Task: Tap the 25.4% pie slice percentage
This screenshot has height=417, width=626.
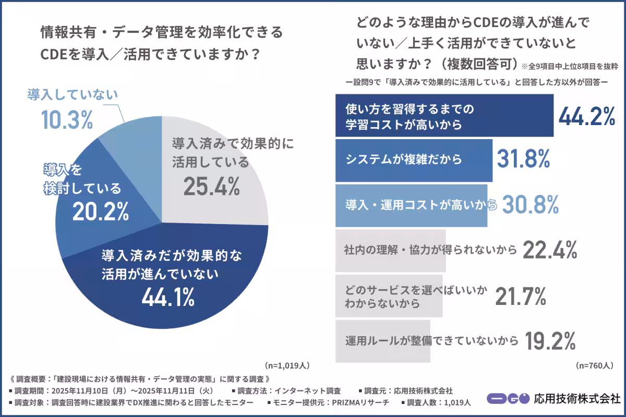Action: (211, 186)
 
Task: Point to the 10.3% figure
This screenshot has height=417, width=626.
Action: (67, 120)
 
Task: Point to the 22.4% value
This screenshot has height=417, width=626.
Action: (549, 250)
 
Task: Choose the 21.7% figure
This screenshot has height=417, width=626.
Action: (520, 296)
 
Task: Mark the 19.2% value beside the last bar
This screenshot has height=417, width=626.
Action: (550, 341)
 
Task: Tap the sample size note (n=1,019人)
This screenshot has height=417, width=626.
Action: (287, 365)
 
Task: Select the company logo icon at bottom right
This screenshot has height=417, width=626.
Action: (508, 399)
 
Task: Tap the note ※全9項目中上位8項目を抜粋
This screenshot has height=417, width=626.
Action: (569, 66)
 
